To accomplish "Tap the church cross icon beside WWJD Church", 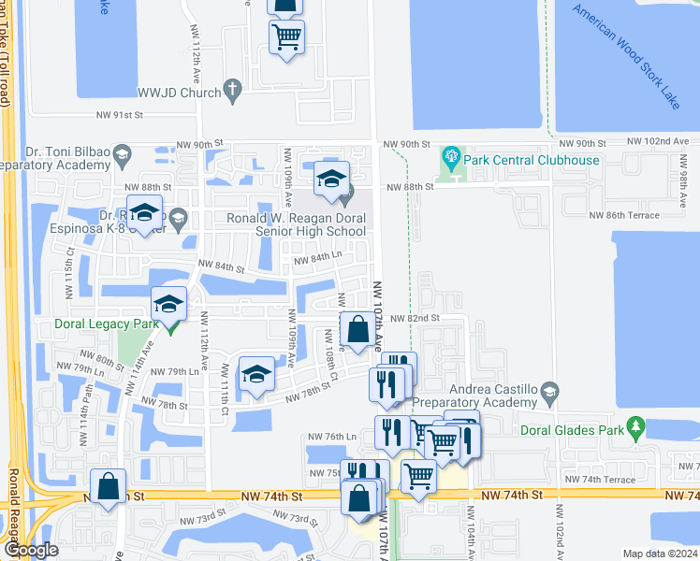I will [x=232, y=92].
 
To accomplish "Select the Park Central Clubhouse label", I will [x=531, y=160].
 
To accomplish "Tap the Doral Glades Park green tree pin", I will [x=637, y=428].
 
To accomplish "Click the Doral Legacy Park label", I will [x=102, y=326].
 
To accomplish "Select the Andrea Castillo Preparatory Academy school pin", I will [x=548, y=390].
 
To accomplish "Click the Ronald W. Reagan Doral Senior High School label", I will [x=296, y=224].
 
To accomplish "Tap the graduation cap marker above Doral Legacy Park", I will [x=169, y=304].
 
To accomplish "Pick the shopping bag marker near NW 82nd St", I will [x=357, y=330].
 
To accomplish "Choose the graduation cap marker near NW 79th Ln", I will [x=256, y=375].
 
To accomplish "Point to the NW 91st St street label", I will [x=117, y=115].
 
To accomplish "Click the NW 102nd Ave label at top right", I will [x=660, y=142].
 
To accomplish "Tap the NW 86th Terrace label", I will [x=623, y=215].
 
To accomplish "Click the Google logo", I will [x=31, y=550].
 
